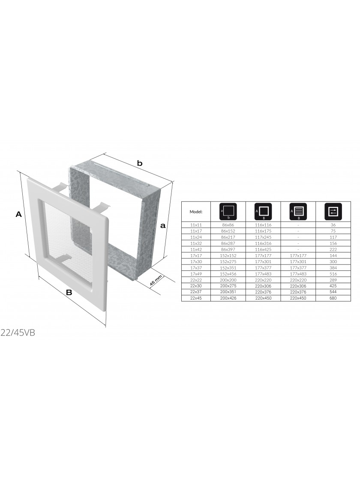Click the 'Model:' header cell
tap(196, 212)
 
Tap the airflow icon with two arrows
tap(333, 211)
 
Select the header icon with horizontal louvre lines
tap(298, 211)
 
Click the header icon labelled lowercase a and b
tap(228, 211)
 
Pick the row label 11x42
tap(196, 249)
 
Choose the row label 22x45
tap(196, 298)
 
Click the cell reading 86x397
tap(228, 249)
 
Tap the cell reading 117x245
tap(263, 237)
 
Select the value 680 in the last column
tap(333, 298)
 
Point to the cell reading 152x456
tap(228, 274)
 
